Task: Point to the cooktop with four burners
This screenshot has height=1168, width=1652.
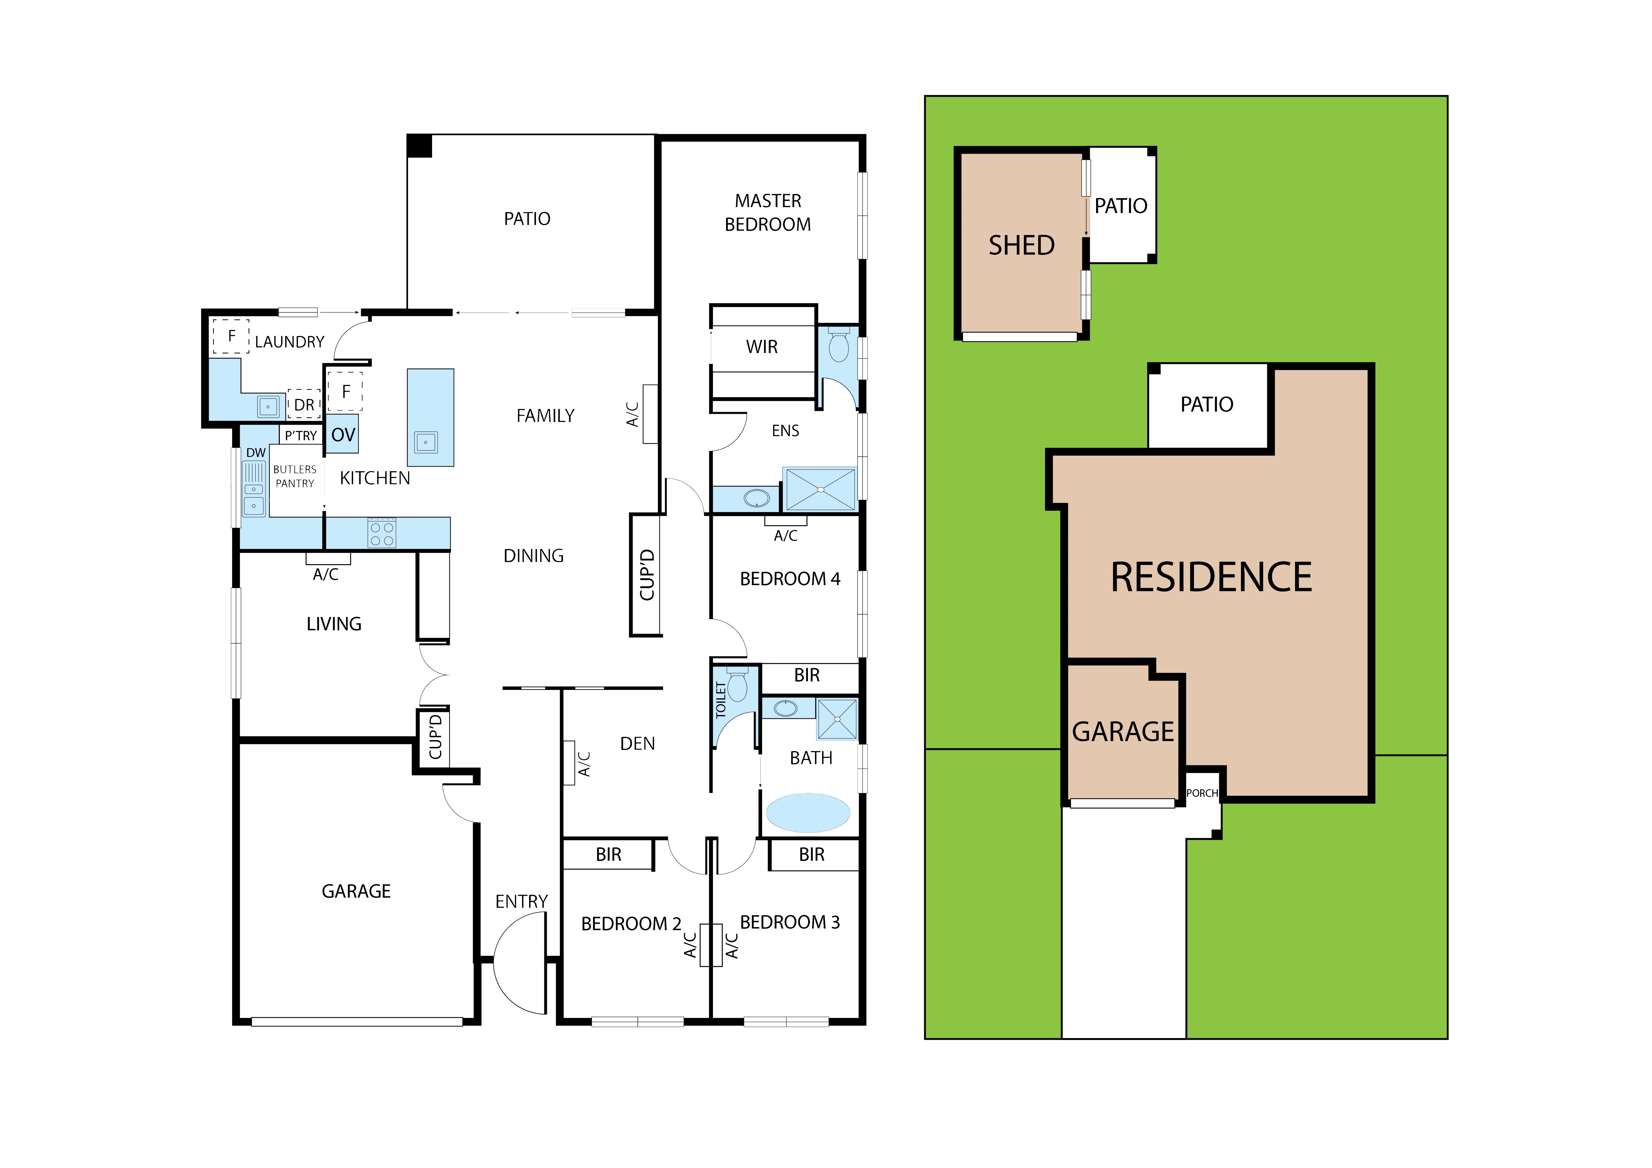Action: coord(381,533)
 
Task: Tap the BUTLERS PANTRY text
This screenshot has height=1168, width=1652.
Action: coord(295,476)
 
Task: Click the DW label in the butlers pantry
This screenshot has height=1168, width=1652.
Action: coord(256,452)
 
